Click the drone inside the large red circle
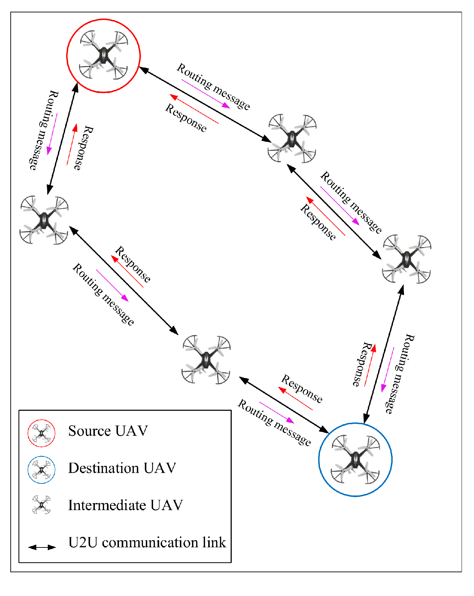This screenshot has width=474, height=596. [x=103, y=55]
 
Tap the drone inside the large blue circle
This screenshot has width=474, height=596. [x=355, y=459]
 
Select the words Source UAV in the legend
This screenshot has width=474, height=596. [x=108, y=431]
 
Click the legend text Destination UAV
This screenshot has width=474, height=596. [x=122, y=468]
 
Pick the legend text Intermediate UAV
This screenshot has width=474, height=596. [x=125, y=505]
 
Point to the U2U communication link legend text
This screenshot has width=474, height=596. [x=147, y=543]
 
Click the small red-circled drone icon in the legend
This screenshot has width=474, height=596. [x=41, y=433]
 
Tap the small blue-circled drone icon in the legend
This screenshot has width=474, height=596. [x=41, y=470]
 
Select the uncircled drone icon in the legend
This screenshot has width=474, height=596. [x=41, y=505]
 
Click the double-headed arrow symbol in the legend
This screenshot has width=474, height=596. [x=42, y=547]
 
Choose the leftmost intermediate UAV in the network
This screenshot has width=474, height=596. [x=44, y=220]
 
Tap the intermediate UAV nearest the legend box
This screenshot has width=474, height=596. [x=206, y=359]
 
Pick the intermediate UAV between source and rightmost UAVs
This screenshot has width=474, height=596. [x=292, y=138]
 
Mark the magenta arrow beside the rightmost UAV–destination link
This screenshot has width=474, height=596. [x=388, y=370]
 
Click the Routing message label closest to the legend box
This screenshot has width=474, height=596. [x=274, y=422]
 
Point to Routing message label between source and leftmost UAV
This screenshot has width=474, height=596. [x=43, y=130]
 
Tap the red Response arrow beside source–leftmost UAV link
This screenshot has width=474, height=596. [x=71, y=145]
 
